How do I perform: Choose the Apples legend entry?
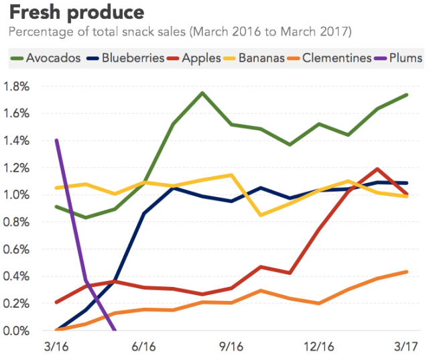[x=195, y=58]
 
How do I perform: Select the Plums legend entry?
[x=400, y=58]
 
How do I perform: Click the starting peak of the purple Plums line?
[x=56, y=140]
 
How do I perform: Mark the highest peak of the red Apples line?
[x=378, y=169]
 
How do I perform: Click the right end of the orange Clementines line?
[x=407, y=272]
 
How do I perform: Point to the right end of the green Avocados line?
[x=407, y=95]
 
